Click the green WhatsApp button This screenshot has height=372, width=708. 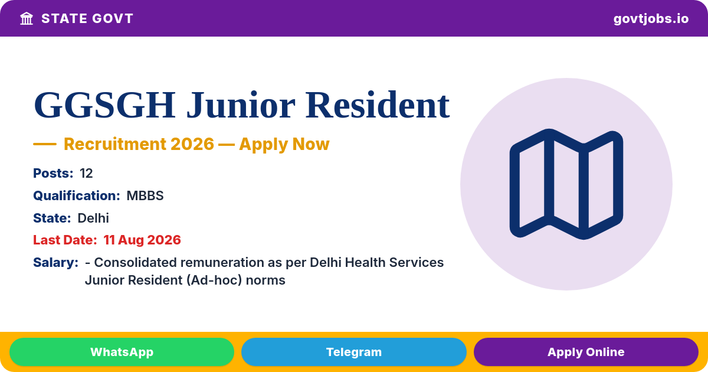coord(122,352)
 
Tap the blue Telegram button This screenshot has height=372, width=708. coord(353,352)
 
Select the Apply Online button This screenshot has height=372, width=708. coord(586,352)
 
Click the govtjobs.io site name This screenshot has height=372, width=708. coord(651,19)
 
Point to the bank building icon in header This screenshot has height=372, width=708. coord(27,19)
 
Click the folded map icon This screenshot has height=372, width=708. coord(566,184)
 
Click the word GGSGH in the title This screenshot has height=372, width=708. coord(104,105)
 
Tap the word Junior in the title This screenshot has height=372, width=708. coord(241,105)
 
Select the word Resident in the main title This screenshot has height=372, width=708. coord(378,105)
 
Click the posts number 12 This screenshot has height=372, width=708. coord(86,174)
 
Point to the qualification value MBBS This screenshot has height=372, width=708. coord(145,196)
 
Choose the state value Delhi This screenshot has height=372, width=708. coord(93,218)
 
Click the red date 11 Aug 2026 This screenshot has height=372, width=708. coord(142,240)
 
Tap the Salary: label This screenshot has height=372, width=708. coord(55,263)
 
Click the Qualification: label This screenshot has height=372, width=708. coord(77,196)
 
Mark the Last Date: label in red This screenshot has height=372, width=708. coord(65,240)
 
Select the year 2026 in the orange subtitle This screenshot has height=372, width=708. coord(192,144)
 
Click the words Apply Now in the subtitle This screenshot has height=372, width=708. coord(284,144)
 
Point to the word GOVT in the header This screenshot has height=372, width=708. coord(113,19)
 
